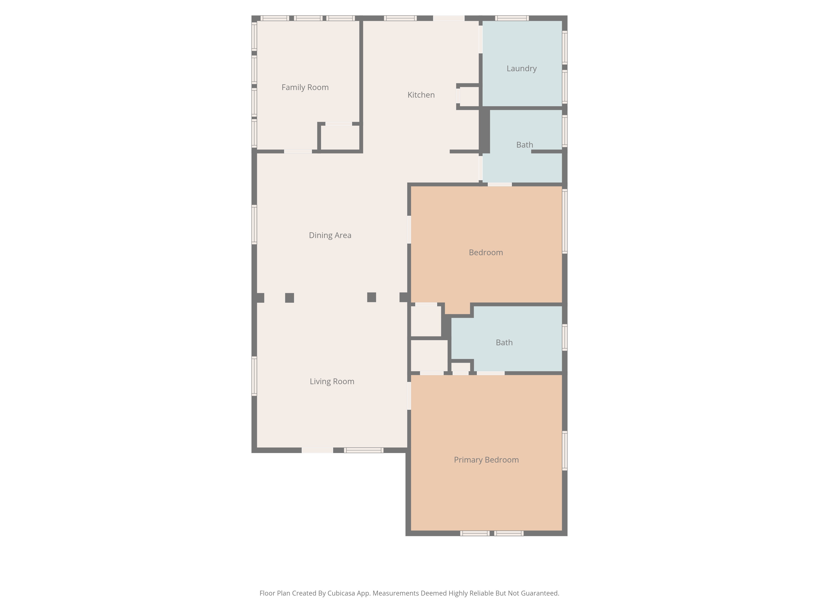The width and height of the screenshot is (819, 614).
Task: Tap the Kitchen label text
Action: click(x=421, y=95)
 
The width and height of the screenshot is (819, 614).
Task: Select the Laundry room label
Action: click(x=521, y=69)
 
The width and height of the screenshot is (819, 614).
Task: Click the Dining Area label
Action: click(x=330, y=235)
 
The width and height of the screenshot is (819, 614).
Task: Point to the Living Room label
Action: click(x=332, y=381)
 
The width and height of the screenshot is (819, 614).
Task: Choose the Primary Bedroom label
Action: click(x=486, y=460)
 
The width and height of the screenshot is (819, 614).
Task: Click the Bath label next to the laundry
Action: click(x=524, y=145)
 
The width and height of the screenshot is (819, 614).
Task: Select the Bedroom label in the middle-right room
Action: click(x=486, y=252)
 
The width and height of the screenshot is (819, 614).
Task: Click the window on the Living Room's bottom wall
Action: click(x=364, y=450)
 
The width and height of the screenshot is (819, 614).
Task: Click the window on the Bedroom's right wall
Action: click(x=565, y=221)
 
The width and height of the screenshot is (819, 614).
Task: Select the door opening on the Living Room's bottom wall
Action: click(x=317, y=450)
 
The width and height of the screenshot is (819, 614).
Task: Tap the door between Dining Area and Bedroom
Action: click(x=409, y=229)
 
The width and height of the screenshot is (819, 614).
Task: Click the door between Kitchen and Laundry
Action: click(x=481, y=39)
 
